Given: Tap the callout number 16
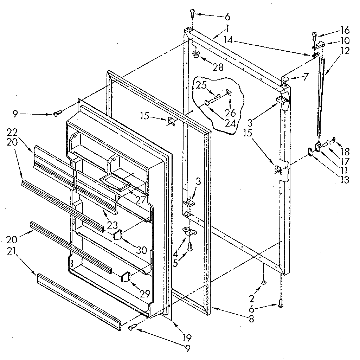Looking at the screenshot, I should [x=345, y=30].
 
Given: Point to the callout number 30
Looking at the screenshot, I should [x=141, y=250].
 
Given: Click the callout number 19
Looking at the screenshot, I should [x=187, y=338].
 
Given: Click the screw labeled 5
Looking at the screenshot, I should [x=190, y=247].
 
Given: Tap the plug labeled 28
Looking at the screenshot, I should [x=195, y=54].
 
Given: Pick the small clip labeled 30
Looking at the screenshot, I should [x=118, y=234].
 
